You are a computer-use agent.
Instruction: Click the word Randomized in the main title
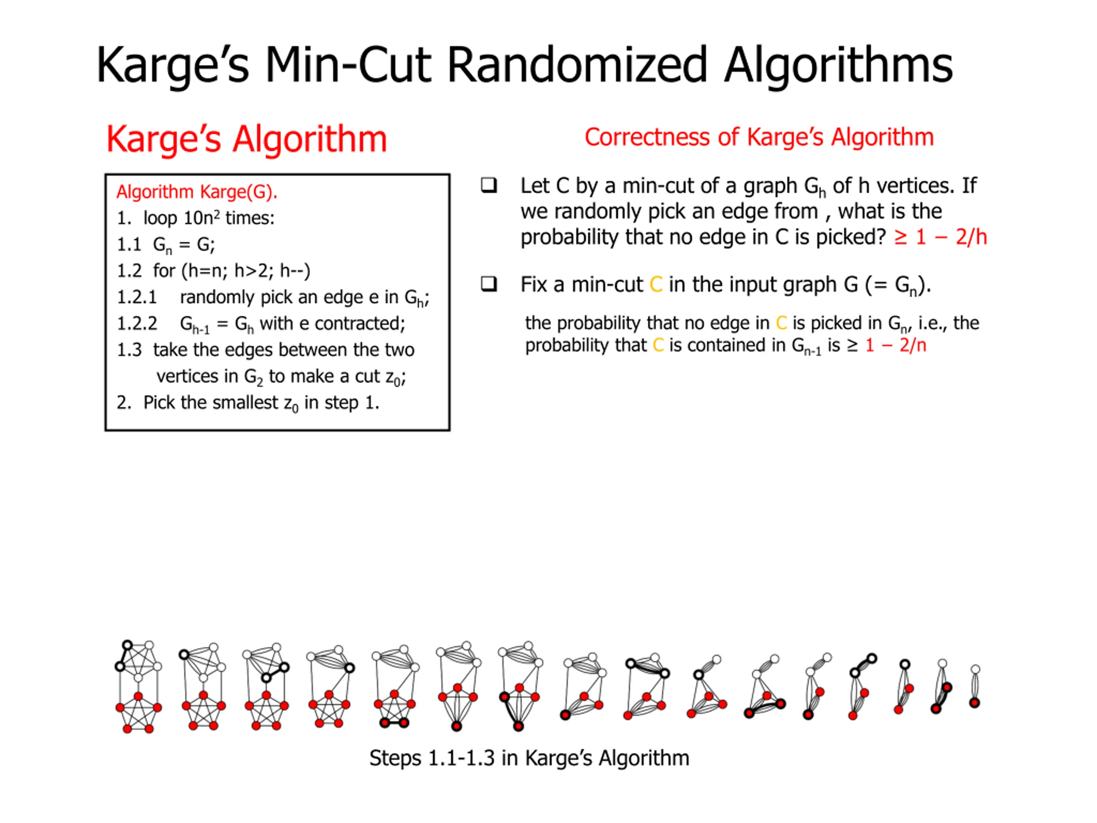577,66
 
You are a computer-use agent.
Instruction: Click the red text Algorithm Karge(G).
197,192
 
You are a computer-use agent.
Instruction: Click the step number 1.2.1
137,297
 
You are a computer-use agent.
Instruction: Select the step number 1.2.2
137,324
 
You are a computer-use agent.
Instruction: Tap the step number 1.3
129,350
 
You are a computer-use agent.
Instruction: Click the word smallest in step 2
245,403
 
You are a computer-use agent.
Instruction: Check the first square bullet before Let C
489,186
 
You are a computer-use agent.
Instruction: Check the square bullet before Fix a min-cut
489,284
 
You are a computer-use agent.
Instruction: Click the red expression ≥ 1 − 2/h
940,237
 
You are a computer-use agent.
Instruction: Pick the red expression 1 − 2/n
896,345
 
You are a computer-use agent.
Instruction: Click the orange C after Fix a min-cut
656,285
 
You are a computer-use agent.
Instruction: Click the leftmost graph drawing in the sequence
138,686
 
